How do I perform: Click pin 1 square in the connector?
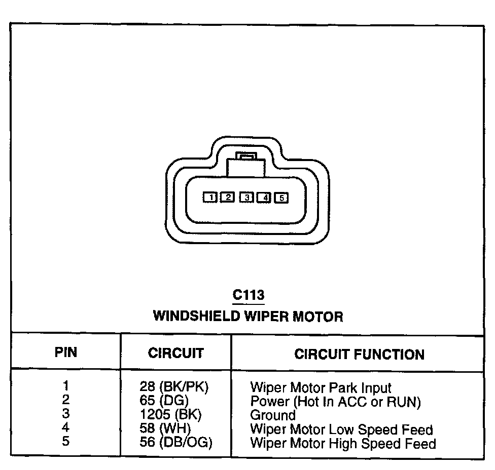pos(210,197)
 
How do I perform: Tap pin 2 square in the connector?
pos(228,197)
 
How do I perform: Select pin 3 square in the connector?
pos(246,197)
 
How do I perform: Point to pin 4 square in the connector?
pos(264,197)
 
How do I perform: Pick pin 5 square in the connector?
pos(281,198)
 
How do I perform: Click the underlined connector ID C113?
pos(248,295)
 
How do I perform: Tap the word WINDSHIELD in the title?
pos(196,317)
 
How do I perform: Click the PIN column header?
pos(66,352)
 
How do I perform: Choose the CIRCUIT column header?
pos(175,353)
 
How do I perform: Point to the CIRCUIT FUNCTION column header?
pos(359,354)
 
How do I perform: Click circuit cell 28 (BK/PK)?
pos(174,388)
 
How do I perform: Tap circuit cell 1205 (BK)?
pos(170,415)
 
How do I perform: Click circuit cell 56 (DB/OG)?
pos(175,443)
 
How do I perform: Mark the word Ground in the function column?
pos(273,415)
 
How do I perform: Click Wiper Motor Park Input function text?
pos(321,388)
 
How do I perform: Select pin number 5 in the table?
pos(66,442)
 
